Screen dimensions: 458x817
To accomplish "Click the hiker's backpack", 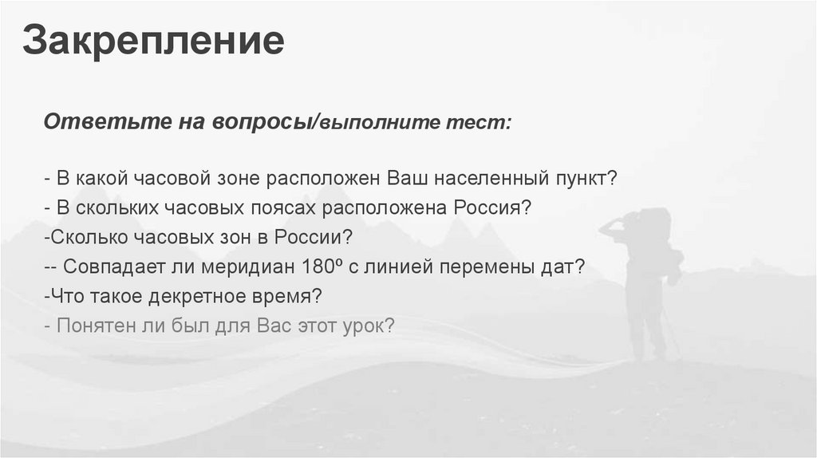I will click(x=659, y=231).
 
